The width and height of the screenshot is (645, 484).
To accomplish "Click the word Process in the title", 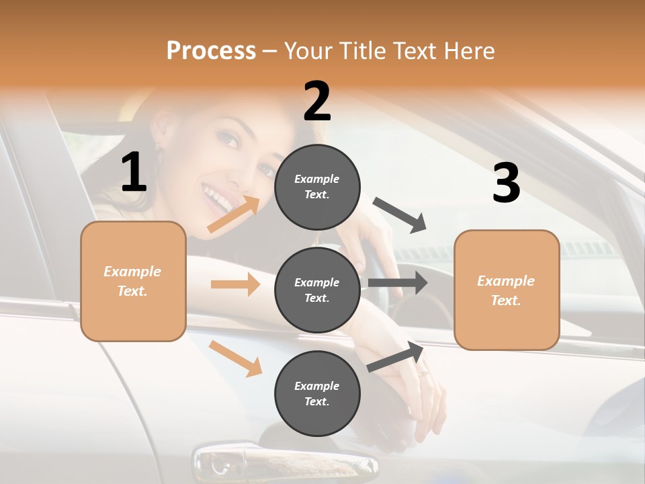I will [x=211, y=50].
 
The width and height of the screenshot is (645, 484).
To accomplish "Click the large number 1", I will [x=134, y=173].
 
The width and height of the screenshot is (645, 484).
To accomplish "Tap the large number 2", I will [x=317, y=102].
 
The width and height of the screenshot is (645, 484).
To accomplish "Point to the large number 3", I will [x=506, y=183].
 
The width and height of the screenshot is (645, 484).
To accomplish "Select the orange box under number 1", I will [x=133, y=281].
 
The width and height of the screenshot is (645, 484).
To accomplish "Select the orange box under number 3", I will [x=507, y=290].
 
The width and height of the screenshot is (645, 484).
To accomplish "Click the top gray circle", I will [x=317, y=187].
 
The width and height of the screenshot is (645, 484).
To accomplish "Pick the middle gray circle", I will [x=317, y=290].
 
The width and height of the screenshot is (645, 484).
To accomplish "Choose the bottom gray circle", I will [x=317, y=393].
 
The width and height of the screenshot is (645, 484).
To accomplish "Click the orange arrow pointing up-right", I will [x=234, y=214].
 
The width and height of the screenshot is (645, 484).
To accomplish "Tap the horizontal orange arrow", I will [x=235, y=284].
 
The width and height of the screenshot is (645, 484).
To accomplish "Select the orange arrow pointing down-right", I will [x=235, y=358].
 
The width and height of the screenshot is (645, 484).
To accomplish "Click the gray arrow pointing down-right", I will [x=400, y=215].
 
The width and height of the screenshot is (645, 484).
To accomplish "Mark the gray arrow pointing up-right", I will [x=395, y=357].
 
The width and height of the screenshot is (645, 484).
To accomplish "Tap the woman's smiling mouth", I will [x=218, y=198].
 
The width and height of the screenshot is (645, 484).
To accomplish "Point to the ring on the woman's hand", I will [x=422, y=372].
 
